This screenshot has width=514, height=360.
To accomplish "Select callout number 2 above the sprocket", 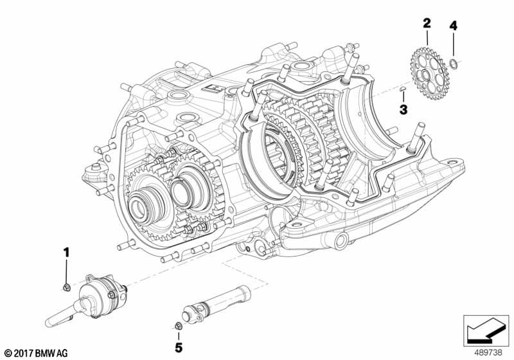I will [427, 24].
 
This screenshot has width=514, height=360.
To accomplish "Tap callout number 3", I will [403, 110].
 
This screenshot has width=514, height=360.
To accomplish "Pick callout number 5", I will [177, 348].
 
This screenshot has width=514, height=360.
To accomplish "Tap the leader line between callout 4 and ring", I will [453, 45].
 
